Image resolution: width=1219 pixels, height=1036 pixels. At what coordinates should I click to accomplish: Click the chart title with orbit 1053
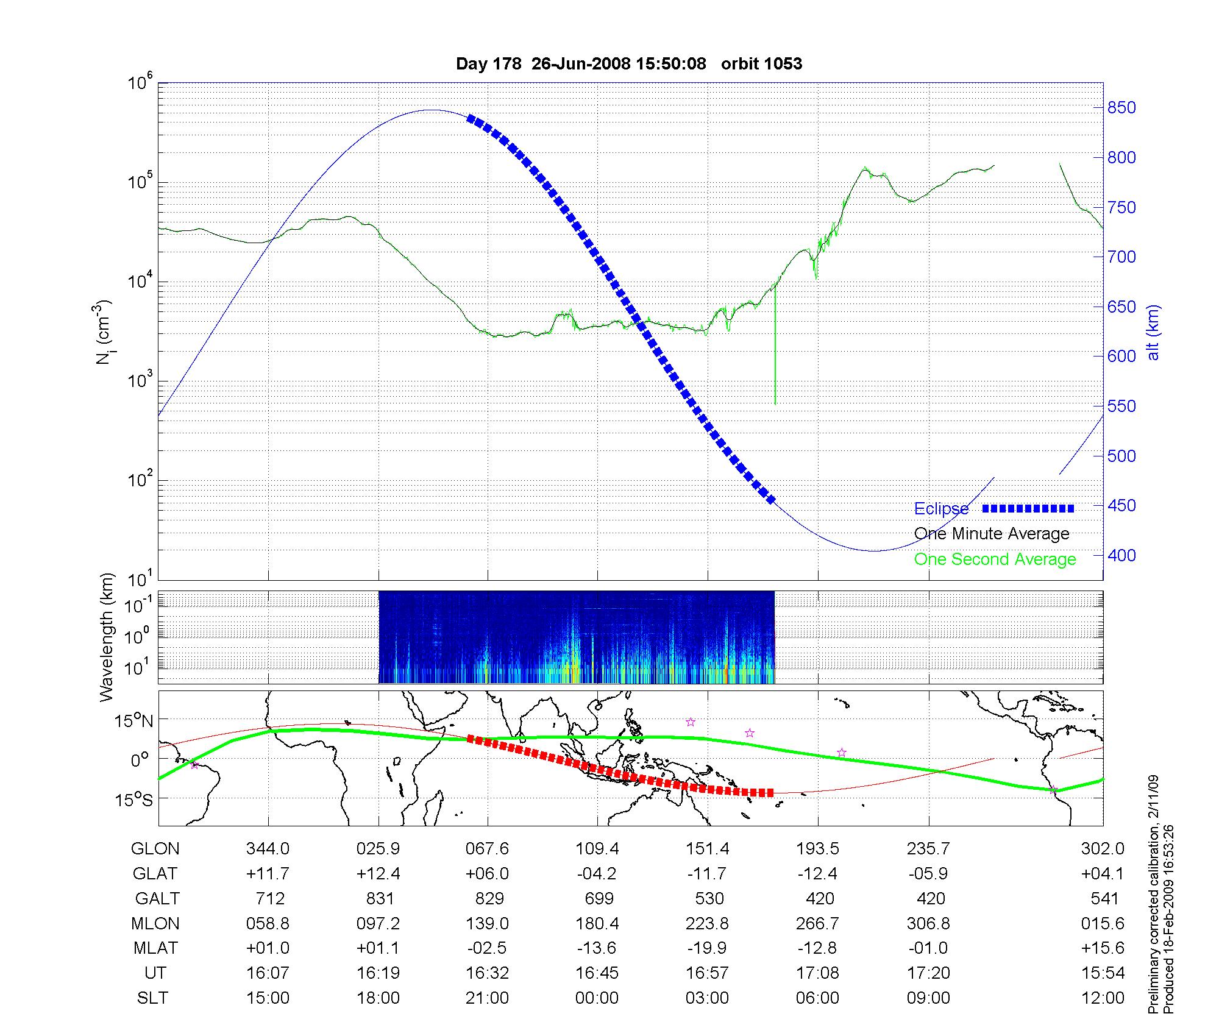click(629, 64)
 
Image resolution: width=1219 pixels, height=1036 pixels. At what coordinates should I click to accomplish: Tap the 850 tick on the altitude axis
click(1121, 108)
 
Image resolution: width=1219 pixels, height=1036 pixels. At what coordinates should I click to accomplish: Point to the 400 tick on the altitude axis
click(1121, 555)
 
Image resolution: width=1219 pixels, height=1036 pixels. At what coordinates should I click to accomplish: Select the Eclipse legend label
click(941, 509)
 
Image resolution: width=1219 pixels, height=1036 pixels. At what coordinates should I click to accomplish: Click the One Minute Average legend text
click(992, 534)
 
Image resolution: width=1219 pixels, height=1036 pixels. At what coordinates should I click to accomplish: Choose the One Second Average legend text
click(995, 559)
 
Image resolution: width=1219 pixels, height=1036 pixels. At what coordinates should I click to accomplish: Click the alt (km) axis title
click(1153, 332)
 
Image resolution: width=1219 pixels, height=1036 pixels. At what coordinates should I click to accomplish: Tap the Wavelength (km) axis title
click(107, 637)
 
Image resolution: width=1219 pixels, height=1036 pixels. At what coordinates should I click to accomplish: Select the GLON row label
click(155, 849)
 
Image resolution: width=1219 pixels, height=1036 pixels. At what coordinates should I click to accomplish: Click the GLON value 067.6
click(488, 849)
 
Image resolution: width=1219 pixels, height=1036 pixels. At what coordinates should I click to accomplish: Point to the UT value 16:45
click(597, 973)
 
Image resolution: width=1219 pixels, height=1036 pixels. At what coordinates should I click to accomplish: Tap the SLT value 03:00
click(707, 998)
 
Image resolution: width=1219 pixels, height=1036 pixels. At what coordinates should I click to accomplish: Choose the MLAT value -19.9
click(707, 948)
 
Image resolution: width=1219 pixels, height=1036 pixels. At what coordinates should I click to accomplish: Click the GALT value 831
click(380, 899)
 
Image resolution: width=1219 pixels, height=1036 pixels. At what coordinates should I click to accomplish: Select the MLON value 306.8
click(928, 924)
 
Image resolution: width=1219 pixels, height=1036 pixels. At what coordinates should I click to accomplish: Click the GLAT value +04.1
click(1103, 874)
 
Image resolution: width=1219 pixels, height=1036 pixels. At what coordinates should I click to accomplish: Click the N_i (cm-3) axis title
click(104, 332)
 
